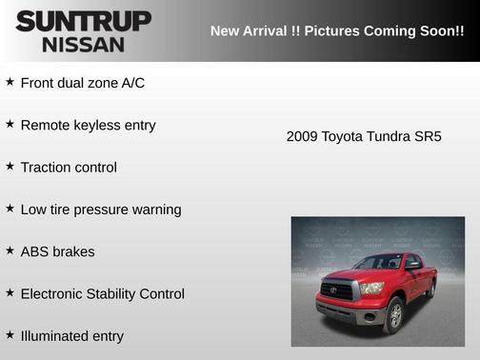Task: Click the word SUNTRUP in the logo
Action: (83, 21)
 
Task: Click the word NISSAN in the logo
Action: (83, 44)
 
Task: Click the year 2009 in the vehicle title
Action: (302, 137)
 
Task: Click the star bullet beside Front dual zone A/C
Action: (10, 82)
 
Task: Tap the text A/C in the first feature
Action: (132, 83)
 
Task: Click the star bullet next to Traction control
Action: (10, 167)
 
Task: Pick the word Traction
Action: (46, 168)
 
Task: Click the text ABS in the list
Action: (35, 251)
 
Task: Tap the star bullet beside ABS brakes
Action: (10, 250)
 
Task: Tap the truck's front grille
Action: (338, 290)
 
